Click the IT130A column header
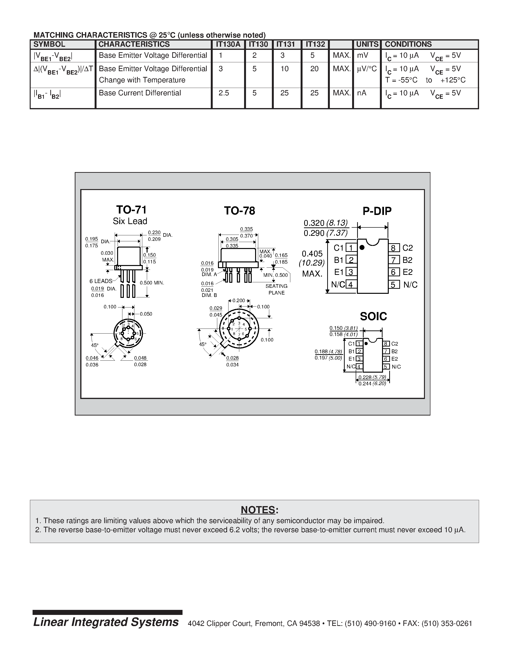pos(228,44)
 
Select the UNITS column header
pos(367,44)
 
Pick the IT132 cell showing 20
pos(314,69)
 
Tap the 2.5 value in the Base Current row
pos(224,93)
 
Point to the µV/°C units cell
pos(367,69)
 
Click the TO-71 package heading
pos(131,210)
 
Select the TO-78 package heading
pos(240,211)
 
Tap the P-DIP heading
pos(377,211)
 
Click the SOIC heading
pos(373,316)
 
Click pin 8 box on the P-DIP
pos(394,248)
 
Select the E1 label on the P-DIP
pos(339,272)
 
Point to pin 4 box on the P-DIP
pos(351,284)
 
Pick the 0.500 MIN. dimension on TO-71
pos(152,283)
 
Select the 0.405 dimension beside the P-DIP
pos(312,254)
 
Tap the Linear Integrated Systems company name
pos(106,622)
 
